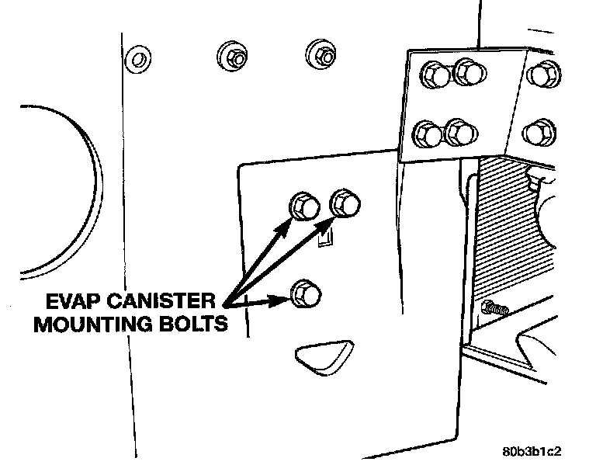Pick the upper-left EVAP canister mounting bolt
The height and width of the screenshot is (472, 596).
(x=302, y=206)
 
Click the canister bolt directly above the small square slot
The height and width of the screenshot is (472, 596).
(x=344, y=205)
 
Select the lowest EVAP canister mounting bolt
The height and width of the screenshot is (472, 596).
(x=302, y=293)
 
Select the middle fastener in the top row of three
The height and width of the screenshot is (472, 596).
(x=230, y=56)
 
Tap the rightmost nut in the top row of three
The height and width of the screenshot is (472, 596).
(x=321, y=53)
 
